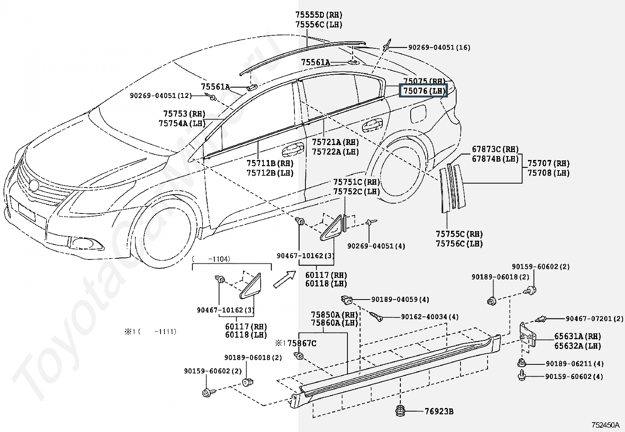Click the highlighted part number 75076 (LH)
tap(423, 90)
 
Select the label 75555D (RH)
tap(319, 15)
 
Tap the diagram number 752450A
tap(605, 425)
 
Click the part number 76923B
tap(439, 411)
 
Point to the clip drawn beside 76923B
tap(400, 410)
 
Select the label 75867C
tap(302, 343)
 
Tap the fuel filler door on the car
tap(418, 112)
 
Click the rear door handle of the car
tap(372, 125)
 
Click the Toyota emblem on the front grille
tap(34, 186)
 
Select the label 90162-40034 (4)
tap(430, 317)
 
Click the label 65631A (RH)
tap(577, 336)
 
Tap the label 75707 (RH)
tap(548, 163)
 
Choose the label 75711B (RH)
tap(270, 163)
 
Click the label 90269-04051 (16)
tap(439, 48)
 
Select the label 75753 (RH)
tap(184, 114)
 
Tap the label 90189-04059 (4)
tap(400, 300)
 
